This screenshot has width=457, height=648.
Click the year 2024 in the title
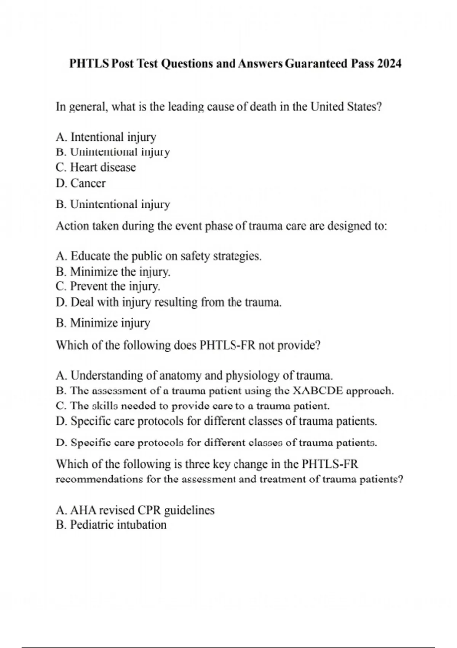point(389,63)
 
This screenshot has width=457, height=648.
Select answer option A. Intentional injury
point(106,137)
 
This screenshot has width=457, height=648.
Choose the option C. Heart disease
point(96,167)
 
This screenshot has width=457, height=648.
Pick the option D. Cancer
point(81,183)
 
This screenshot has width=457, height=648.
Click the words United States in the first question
point(346,107)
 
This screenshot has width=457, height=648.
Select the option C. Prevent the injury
point(108,286)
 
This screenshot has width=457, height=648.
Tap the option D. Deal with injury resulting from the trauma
point(169,302)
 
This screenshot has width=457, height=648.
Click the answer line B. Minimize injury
point(103,323)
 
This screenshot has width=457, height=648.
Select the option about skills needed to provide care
point(192,406)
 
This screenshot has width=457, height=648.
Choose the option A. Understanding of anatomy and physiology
point(194,375)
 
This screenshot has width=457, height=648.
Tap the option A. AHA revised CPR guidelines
point(135,510)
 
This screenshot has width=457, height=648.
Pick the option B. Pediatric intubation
point(111,525)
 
